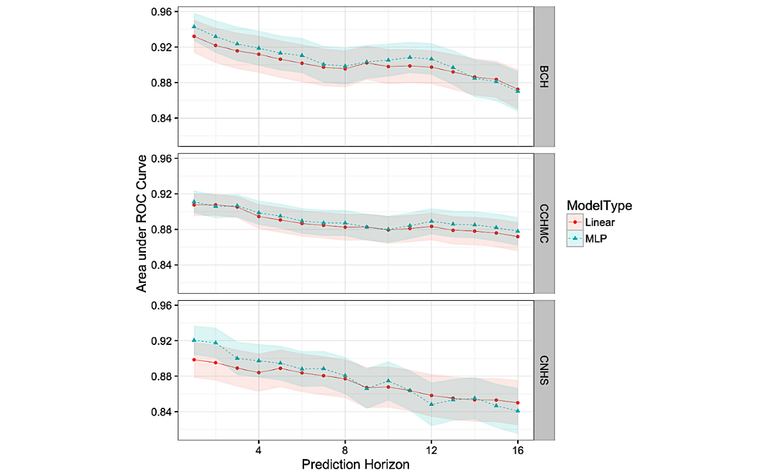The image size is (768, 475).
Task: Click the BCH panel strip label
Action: click(x=544, y=76)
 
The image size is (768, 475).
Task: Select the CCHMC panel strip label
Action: click(x=544, y=223)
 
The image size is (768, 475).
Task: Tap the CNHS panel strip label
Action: click(x=544, y=370)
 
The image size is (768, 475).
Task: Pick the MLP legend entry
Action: click(x=595, y=238)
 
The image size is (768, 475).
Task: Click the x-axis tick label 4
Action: click(x=259, y=450)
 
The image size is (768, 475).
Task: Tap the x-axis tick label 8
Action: click(x=345, y=450)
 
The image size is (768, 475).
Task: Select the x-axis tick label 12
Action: click(x=431, y=450)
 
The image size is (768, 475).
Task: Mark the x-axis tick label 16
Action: click(x=518, y=450)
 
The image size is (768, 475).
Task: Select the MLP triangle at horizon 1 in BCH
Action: click(x=194, y=26)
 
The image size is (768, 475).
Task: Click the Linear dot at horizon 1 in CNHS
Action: click(x=194, y=360)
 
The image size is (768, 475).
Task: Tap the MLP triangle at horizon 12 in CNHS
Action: click(x=431, y=404)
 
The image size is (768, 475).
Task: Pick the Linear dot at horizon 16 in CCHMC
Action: click(x=518, y=237)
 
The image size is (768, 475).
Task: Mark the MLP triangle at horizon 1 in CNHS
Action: click(x=194, y=340)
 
